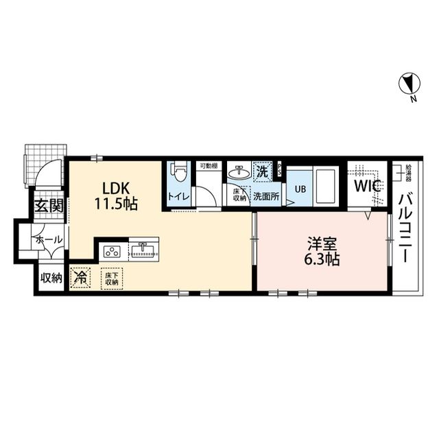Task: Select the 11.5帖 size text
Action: (117, 204)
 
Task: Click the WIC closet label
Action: (366, 186)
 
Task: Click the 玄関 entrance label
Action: (49, 204)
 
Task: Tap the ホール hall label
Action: (50, 239)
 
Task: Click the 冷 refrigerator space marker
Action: (82, 278)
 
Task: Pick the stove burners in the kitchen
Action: (112, 250)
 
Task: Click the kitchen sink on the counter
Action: (143, 249)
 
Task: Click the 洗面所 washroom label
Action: (265, 195)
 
